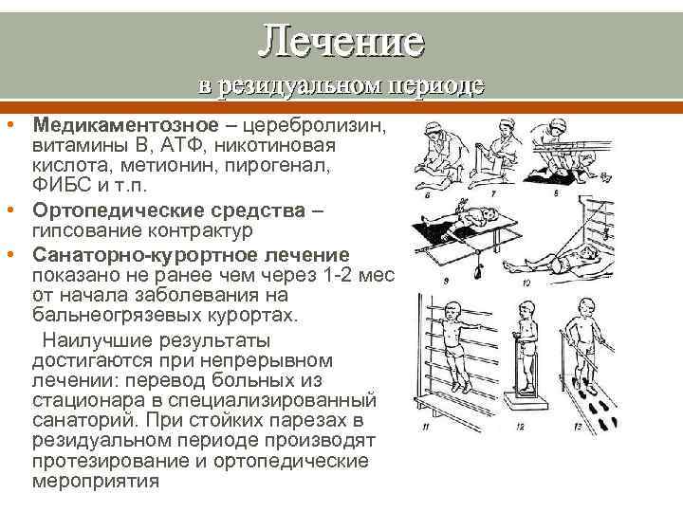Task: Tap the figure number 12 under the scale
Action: point(521,428)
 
